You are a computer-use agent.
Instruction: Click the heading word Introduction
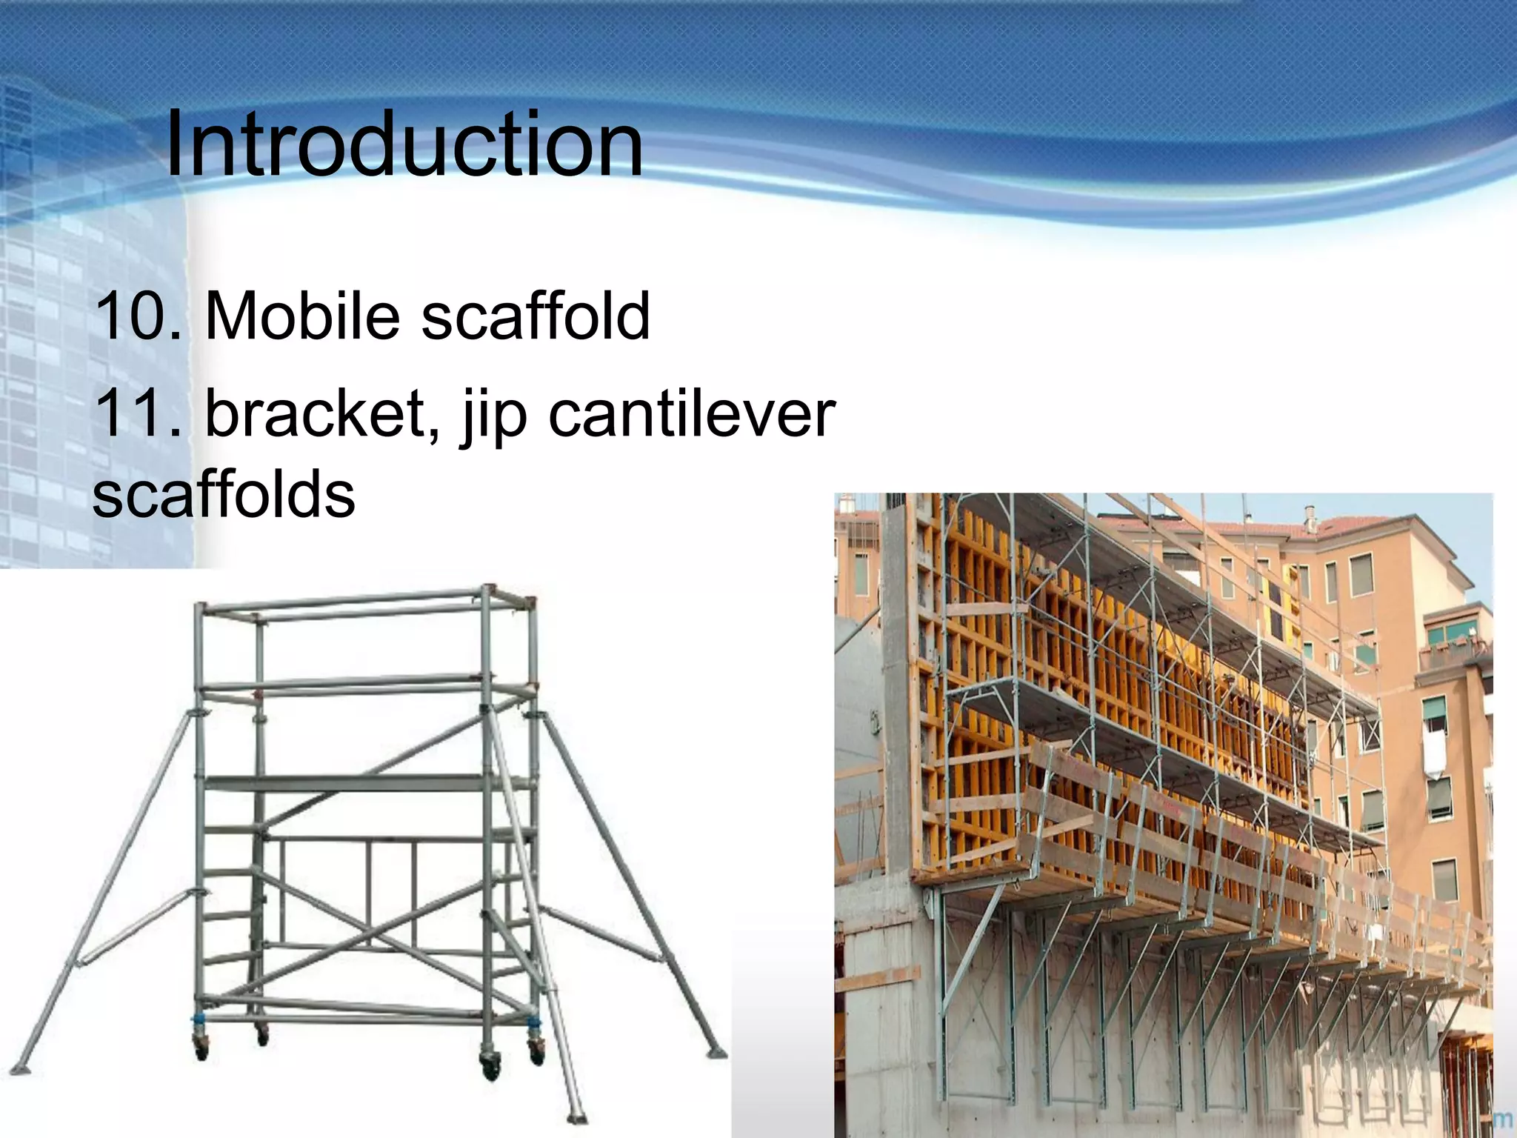(x=404, y=144)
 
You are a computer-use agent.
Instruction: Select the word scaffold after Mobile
(x=535, y=316)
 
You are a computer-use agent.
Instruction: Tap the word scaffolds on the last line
(x=224, y=495)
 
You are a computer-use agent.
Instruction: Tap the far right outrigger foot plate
(x=716, y=1052)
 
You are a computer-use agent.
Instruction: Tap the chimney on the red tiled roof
(x=1310, y=519)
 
